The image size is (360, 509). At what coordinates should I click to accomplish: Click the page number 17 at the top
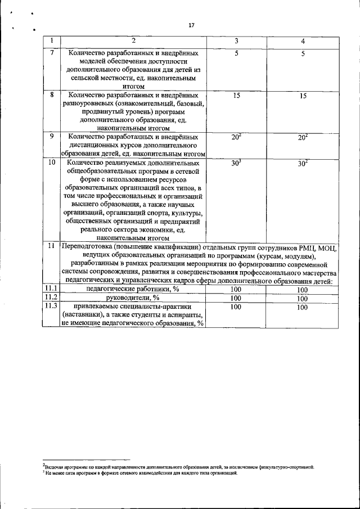(191, 25)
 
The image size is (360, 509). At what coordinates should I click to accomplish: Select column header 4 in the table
(303, 42)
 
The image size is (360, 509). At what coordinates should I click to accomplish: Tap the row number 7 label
(52, 53)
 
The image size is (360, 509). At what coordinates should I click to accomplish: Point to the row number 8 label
(52, 95)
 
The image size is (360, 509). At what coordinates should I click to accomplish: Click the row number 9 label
(52, 136)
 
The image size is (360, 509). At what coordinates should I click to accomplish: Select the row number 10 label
(52, 163)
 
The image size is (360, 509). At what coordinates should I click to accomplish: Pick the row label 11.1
(51, 289)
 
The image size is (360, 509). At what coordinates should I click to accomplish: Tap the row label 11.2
(51, 298)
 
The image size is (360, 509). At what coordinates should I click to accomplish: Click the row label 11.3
(51, 307)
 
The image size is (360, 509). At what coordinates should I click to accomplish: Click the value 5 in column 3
(237, 53)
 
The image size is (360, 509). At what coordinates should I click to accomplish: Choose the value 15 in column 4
(303, 96)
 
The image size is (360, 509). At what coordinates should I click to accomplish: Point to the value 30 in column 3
(235, 163)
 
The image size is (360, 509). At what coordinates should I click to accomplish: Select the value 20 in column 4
(301, 137)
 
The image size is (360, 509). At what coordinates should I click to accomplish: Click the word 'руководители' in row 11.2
(129, 298)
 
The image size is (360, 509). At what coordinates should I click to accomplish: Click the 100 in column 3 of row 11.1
(236, 289)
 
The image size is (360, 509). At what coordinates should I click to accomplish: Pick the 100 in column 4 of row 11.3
(303, 308)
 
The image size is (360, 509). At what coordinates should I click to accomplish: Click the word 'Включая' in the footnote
(53, 466)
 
